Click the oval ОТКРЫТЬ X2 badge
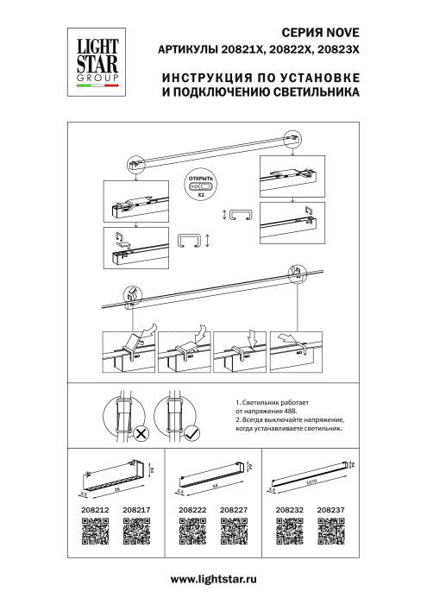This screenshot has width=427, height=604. [200, 186]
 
